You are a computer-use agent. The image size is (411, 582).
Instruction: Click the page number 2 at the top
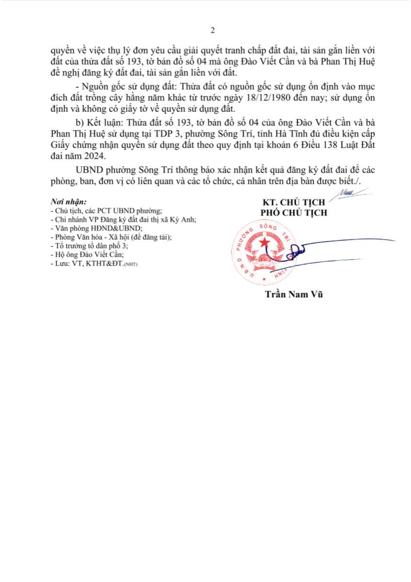click(213, 30)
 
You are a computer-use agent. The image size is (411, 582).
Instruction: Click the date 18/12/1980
click(268, 98)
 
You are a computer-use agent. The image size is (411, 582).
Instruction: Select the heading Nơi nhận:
click(69, 202)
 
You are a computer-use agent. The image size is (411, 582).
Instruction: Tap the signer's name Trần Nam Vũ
click(294, 294)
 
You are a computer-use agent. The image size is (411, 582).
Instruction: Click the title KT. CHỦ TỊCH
click(294, 202)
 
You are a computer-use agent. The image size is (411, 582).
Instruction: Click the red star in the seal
click(265, 243)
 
